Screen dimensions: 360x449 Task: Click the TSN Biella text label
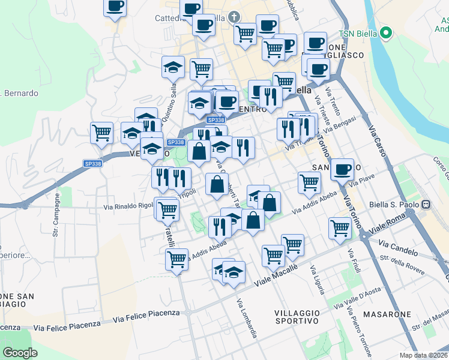[x=358, y=33]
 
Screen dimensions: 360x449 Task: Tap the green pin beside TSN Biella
[x=387, y=33]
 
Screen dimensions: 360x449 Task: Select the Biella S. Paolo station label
[x=396, y=203]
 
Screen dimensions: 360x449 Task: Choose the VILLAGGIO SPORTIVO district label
[x=297, y=317]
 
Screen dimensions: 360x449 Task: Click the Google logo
[x=20, y=353]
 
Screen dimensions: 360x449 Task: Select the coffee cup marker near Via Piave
[x=342, y=169]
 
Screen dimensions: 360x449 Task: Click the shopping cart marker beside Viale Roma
[x=340, y=228]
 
